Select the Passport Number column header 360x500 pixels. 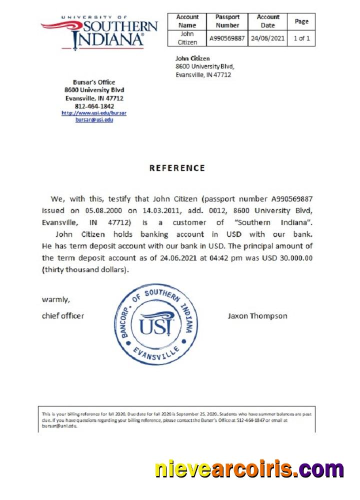pos(227,21)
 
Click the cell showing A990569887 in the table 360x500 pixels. pos(227,38)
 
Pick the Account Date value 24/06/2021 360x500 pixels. pos(268,38)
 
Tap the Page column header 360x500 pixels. pos(301,21)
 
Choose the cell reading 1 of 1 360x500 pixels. pos(301,38)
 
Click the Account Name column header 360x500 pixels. pos(187,21)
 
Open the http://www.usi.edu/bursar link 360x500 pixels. pos(94,113)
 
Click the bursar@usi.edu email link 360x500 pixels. pos(94,120)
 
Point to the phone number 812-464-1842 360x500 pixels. pos(94,106)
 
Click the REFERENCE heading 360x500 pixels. pos(177,168)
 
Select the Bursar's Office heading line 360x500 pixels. pos(94,82)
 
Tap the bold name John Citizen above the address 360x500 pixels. pos(192,58)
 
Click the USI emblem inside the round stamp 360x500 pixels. pos(156,323)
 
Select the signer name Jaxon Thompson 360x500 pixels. pos(257,316)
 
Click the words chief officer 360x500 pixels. pos(63,316)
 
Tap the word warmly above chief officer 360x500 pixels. pos(56,300)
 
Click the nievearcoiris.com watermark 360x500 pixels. pos(249,470)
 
